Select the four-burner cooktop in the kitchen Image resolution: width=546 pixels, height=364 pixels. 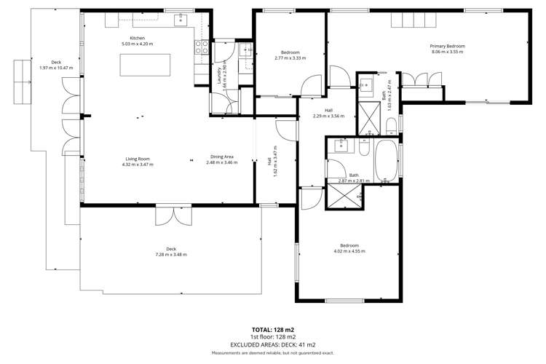(200, 47)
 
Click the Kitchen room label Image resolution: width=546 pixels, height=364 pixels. (138, 37)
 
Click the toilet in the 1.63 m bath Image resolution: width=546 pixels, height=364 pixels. (390, 130)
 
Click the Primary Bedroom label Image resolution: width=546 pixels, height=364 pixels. (448, 46)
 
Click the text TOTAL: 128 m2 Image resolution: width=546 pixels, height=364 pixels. (273, 330)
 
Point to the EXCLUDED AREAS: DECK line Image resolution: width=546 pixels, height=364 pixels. (273, 344)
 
